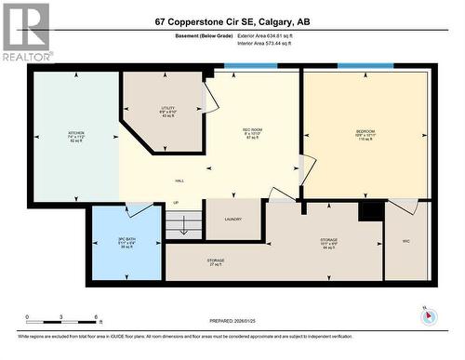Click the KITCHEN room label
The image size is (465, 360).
75,133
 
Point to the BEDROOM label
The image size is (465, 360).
365,132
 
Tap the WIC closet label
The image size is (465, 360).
405,241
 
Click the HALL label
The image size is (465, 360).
179,180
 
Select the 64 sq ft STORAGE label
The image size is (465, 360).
329,239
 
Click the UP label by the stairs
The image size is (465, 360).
176,201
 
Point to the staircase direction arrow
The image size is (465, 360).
184,224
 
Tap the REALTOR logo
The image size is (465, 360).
25,29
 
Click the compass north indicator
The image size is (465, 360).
427,313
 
